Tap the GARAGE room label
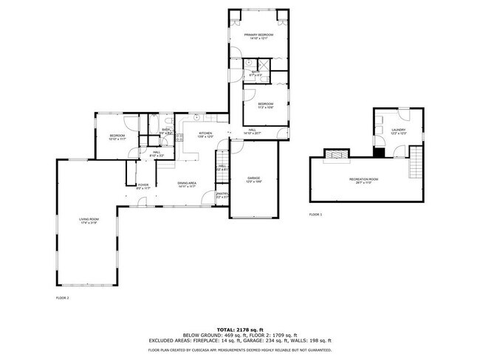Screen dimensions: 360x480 coord(253,180)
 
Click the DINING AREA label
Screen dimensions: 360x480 coord(186,184)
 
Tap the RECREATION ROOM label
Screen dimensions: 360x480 coord(363,179)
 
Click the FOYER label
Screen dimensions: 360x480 coord(143,187)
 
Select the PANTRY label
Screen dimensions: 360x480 coord(221,194)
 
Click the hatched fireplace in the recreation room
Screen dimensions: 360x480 coord(335,154)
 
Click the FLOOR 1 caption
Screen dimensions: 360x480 coord(315,215)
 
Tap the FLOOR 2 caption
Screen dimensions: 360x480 coord(62,297)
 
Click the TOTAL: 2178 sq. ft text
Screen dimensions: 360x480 coord(239,328)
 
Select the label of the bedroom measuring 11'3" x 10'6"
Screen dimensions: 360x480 coord(266,105)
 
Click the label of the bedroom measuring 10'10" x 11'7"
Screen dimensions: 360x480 coord(117,137)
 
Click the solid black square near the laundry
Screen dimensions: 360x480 coord(379,153)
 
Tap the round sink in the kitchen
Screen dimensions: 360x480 coord(197,118)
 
